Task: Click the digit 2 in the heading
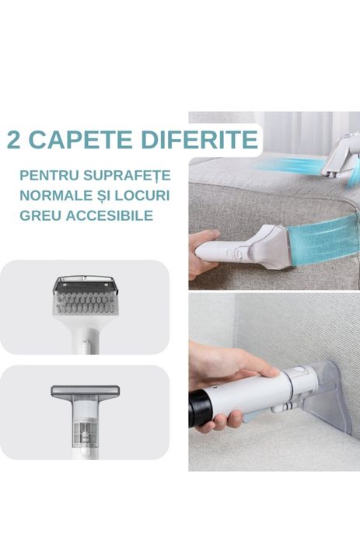coord(15,139)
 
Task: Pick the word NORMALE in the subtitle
coord(56,195)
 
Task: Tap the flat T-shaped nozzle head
coord(85,391)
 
